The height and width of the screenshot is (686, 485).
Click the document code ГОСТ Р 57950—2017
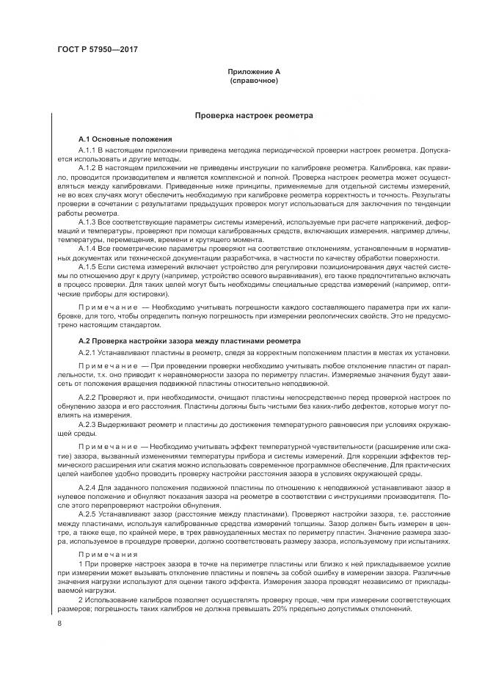(x=98, y=49)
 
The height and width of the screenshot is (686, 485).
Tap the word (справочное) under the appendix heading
(x=253, y=80)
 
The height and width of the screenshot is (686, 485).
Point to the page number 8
(x=59, y=624)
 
